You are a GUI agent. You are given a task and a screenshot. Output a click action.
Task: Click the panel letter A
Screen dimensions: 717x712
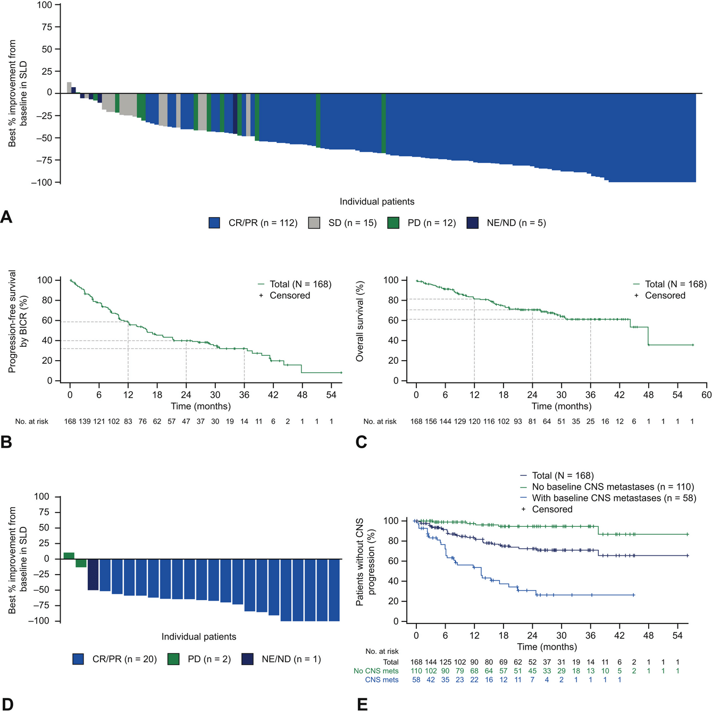[6, 217]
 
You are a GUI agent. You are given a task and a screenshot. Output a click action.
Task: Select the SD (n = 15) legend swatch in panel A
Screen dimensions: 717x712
[314, 223]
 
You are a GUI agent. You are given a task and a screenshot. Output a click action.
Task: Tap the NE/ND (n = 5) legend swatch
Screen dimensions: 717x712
[472, 223]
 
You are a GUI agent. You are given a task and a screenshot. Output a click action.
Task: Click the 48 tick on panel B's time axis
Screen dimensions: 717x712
[302, 395]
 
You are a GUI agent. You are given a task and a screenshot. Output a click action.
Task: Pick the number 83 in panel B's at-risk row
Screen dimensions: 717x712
[128, 421]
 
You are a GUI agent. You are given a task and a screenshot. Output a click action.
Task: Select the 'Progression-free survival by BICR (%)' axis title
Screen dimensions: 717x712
[18, 321]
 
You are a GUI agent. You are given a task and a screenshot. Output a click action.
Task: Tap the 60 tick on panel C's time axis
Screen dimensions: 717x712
[706, 395]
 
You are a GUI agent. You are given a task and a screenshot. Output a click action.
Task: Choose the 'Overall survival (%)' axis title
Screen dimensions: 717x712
[360, 322]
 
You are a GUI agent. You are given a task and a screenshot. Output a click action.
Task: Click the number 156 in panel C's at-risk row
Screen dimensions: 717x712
[431, 421]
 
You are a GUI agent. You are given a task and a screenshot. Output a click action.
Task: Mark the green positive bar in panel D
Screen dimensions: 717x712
[69, 556]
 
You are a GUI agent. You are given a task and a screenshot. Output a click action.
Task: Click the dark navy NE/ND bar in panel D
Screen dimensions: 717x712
[93, 574]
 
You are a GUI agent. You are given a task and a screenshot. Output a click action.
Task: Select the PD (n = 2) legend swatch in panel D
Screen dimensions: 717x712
[173, 659]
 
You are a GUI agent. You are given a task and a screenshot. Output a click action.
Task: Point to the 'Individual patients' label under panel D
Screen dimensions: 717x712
[198, 637]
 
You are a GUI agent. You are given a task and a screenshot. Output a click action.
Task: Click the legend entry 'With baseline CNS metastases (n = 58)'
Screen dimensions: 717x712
[614, 498]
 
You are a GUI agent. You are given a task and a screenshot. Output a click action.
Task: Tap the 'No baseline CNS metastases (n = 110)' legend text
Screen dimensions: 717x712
[613, 487]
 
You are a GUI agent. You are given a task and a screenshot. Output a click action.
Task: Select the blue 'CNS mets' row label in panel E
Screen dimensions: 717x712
[381, 680]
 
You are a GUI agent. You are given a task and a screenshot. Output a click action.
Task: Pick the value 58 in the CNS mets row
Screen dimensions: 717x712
[416, 680]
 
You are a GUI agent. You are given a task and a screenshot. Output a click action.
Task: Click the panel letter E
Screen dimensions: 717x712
[362, 705]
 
